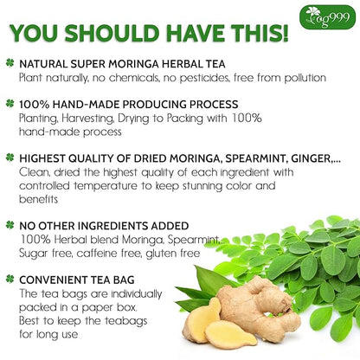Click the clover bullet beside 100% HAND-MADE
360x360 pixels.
(9, 102)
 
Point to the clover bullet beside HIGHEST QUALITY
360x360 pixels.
(9, 157)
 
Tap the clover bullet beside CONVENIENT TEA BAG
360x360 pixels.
(9, 279)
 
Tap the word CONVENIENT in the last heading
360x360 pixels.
(52, 279)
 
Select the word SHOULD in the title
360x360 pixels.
(112, 34)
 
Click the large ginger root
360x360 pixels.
(247, 304)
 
